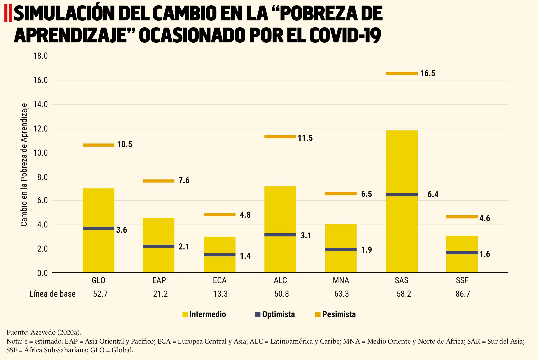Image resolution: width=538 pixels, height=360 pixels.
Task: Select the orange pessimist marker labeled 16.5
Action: (402, 73)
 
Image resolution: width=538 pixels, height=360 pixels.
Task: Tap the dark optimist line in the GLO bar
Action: (98, 228)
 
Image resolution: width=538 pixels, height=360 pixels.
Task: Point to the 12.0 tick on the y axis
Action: (41, 129)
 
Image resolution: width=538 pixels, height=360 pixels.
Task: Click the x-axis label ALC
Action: (280, 280)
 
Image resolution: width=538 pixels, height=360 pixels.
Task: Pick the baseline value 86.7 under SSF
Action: (463, 294)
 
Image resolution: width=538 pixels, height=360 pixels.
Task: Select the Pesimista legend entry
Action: (335, 314)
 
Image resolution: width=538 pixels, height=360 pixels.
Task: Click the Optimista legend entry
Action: (275, 314)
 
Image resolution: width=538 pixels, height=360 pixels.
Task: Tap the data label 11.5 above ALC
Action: (305, 138)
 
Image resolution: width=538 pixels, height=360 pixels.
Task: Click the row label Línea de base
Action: (52, 294)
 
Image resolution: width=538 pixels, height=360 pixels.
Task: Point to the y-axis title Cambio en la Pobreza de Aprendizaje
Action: (24, 165)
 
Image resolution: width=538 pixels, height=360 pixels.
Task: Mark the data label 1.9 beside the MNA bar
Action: (367, 250)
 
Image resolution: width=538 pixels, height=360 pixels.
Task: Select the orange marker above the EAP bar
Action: (158, 181)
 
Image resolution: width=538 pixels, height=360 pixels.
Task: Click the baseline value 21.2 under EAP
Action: (160, 294)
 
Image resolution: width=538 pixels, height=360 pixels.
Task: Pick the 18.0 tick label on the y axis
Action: (41, 56)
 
